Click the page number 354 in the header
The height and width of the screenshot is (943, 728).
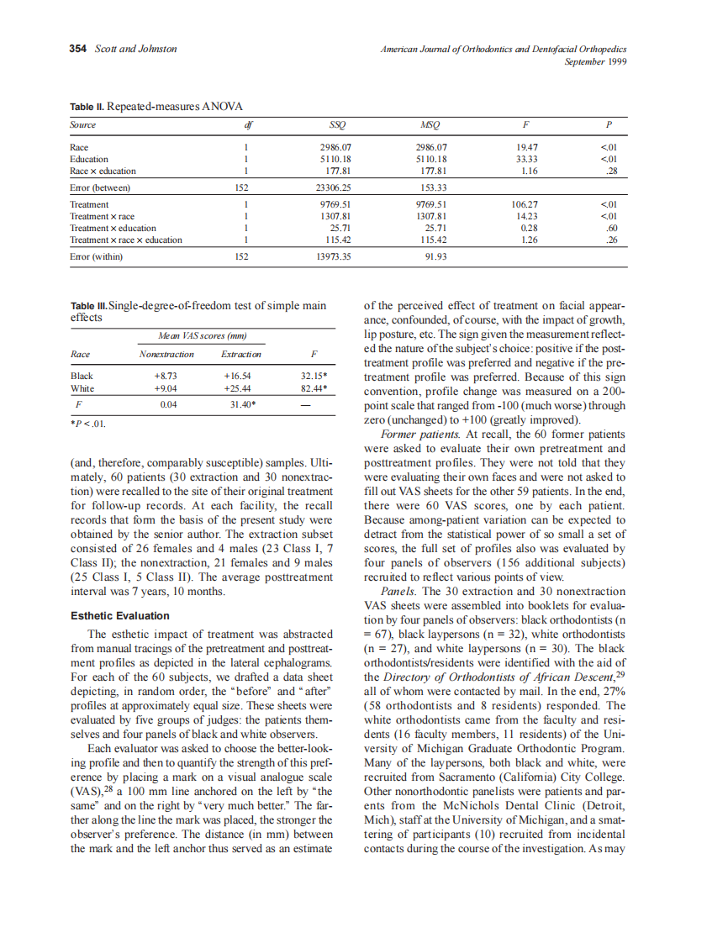77,49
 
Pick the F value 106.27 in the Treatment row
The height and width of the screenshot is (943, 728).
525,204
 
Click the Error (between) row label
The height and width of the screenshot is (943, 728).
100,187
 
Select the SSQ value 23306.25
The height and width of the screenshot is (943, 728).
336,187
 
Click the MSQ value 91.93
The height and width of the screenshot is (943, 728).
431,256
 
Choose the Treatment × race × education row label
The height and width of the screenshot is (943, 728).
126,240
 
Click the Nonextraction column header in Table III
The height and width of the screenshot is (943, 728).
166,354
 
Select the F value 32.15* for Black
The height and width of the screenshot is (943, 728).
313,376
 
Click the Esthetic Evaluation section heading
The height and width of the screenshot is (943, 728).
119,616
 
